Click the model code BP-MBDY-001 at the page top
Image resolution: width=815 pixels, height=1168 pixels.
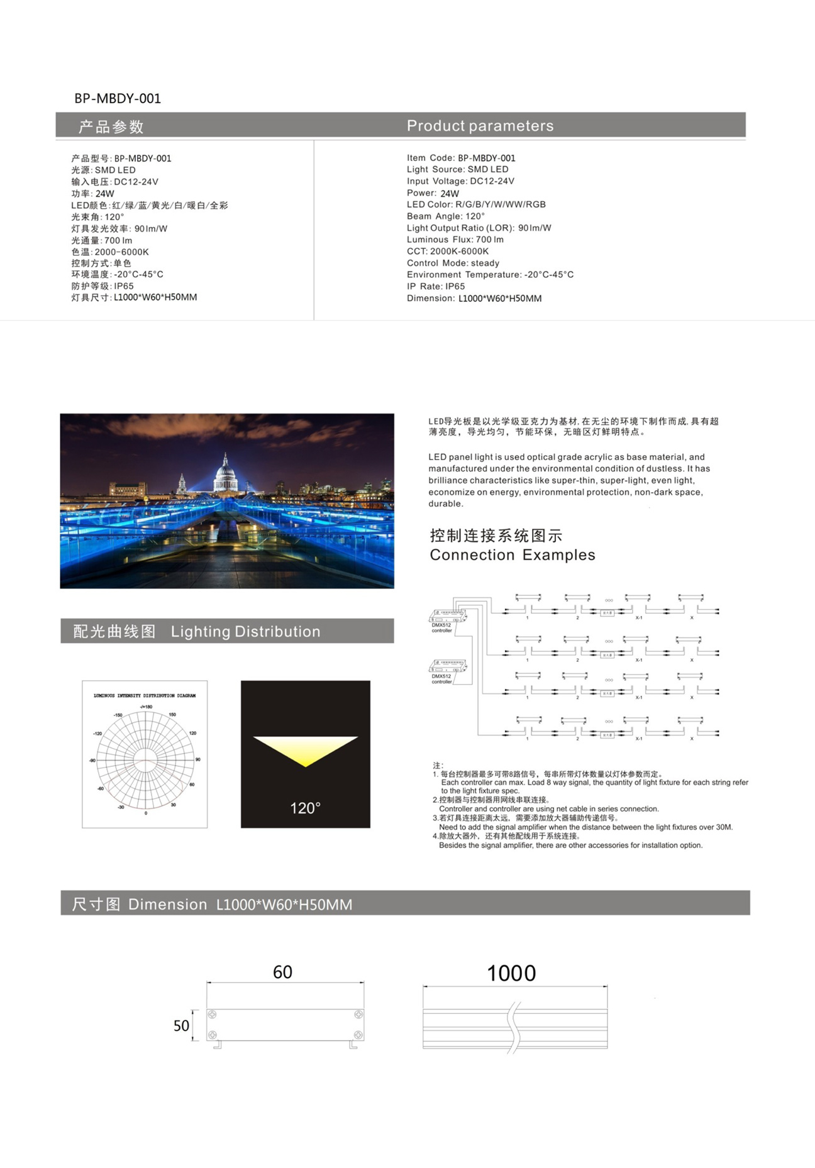point(118,99)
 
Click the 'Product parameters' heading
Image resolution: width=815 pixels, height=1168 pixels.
point(480,126)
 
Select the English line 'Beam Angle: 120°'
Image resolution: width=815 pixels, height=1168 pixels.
point(445,216)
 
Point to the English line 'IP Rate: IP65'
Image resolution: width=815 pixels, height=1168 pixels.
point(435,287)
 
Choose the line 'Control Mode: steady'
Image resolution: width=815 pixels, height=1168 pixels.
point(453,263)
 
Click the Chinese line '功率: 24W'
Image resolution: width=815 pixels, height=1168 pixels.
point(92,194)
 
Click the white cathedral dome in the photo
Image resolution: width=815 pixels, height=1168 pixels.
point(225,468)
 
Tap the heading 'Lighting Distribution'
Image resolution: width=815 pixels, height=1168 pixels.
point(245,632)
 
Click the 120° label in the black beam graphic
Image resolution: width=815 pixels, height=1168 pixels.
point(305,808)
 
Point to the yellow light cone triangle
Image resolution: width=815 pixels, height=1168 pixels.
point(305,748)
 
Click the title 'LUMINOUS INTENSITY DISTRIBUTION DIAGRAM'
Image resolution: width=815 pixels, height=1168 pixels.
point(145,696)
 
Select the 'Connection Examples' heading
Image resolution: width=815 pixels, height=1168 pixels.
point(512,555)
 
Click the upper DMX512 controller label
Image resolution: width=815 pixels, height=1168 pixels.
point(441,627)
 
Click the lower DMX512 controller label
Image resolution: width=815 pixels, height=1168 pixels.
point(441,679)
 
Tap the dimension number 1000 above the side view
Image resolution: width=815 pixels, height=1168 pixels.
point(511,974)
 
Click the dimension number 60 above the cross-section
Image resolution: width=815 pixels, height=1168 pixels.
point(282,972)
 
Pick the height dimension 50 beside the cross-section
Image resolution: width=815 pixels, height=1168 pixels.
point(181,1026)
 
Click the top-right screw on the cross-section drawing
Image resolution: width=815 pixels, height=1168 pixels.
point(358,1014)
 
